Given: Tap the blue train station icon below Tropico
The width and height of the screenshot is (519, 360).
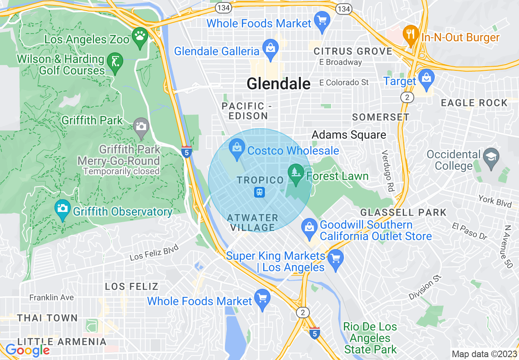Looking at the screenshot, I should [259, 192].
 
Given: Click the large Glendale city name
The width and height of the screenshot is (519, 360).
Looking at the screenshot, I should [278, 84].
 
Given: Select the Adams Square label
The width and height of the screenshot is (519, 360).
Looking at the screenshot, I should [349, 135].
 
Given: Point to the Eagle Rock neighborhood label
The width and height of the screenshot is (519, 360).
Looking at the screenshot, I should [474, 103].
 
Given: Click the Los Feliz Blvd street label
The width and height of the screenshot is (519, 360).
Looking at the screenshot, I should [154, 252].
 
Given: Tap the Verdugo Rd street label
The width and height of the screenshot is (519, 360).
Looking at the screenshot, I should [387, 171].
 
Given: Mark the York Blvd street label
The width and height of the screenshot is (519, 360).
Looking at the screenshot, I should [495, 200].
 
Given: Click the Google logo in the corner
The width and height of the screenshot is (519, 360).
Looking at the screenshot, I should [27, 350].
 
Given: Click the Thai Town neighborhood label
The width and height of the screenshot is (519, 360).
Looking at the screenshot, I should [47, 318].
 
